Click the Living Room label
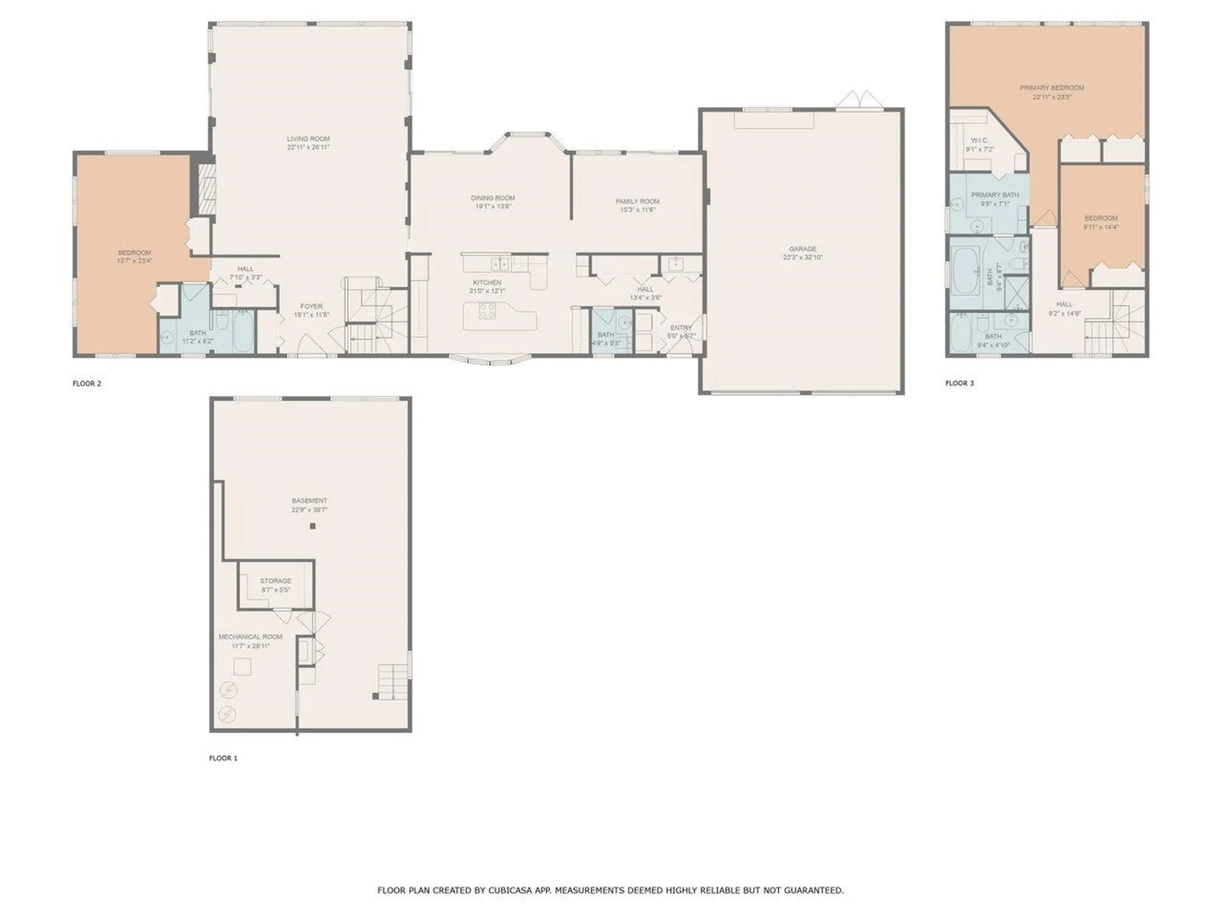click(x=308, y=139)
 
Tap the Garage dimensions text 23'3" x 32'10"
click(x=803, y=258)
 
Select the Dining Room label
click(x=493, y=198)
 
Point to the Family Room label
click(x=637, y=201)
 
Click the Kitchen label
click(x=487, y=282)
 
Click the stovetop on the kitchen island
click(x=487, y=311)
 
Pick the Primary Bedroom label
click(x=1051, y=88)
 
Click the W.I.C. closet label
click(x=980, y=141)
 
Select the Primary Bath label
click(x=995, y=195)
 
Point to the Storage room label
click(x=276, y=581)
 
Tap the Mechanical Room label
click(x=250, y=637)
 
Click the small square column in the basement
click(x=313, y=526)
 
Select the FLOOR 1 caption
click(x=223, y=758)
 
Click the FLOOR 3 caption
click(x=959, y=383)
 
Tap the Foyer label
click(x=311, y=307)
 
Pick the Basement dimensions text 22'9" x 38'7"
click(x=309, y=510)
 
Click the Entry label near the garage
click(x=680, y=328)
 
